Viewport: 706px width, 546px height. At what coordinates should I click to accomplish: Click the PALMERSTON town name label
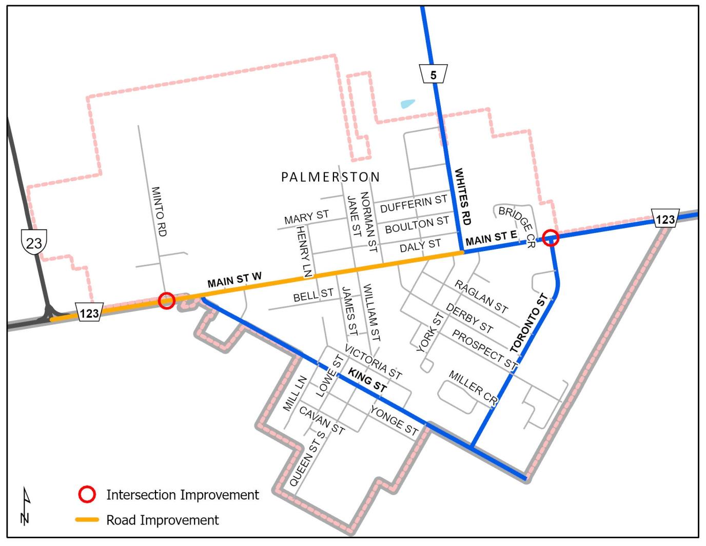(330, 177)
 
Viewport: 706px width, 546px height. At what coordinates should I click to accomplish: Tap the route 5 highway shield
(433, 74)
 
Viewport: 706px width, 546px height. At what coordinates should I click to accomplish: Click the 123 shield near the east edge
(665, 219)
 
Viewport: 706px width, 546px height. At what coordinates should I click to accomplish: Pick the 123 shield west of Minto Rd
(89, 313)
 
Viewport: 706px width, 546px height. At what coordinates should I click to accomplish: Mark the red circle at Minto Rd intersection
(166, 301)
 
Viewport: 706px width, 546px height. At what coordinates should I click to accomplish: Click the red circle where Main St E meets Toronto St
(551, 238)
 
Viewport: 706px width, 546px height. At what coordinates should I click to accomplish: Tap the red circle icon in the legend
(87, 495)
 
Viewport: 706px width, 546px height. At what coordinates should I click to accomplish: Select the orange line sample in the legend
(87, 520)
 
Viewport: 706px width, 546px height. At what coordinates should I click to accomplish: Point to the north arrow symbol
(26, 505)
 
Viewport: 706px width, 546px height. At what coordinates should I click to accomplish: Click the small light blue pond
(408, 104)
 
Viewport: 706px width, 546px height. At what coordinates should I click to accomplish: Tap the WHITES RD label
(462, 197)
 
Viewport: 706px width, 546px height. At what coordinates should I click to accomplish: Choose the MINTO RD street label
(159, 211)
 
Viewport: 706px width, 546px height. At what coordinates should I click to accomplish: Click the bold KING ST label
(367, 380)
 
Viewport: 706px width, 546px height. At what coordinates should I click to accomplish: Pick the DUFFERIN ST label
(414, 204)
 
